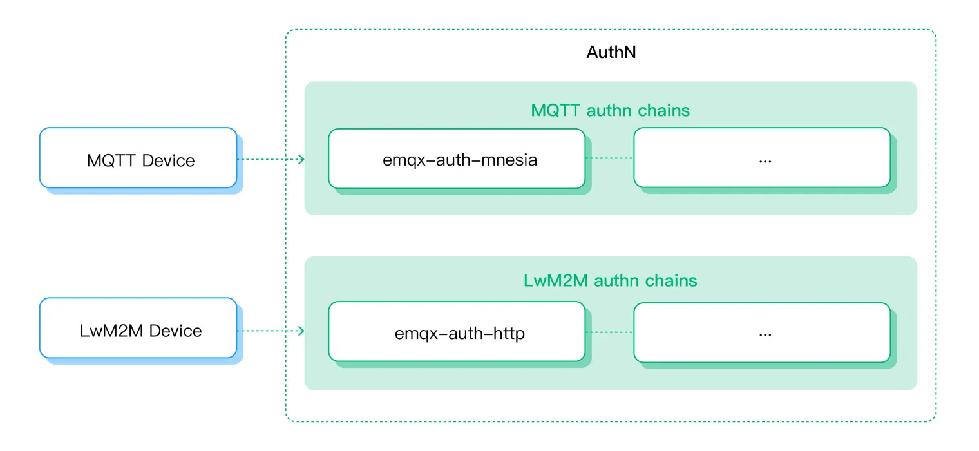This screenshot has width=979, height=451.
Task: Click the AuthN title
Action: pos(611,52)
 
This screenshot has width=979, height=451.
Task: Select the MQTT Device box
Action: pos(138,158)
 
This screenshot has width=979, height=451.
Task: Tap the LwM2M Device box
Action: pos(138,328)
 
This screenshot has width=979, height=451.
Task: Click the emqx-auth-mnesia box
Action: pos(457,158)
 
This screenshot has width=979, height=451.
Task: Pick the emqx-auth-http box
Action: pos(457,332)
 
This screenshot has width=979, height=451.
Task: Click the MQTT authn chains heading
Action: pos(610,110)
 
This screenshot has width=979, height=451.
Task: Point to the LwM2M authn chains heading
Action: pos(610,280)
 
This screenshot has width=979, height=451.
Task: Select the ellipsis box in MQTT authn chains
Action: pos(762,158)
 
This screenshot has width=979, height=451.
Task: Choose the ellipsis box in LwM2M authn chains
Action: pos(762,332)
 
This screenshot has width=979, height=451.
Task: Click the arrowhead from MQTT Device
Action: pos(301,159)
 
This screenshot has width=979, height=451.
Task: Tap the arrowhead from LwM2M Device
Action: pos(301,331)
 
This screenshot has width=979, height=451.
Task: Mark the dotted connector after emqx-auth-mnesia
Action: pos(610,158)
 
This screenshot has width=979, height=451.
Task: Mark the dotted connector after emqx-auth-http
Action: pos(610,332)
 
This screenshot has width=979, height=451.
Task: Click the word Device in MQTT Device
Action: pos(168,161)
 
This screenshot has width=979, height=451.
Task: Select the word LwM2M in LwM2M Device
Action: pos(111,331)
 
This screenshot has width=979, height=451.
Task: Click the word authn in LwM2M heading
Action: pos(616,280)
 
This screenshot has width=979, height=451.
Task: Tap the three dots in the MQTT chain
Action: pos(765,162)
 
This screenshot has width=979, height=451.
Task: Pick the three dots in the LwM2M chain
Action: pos(765,336)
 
